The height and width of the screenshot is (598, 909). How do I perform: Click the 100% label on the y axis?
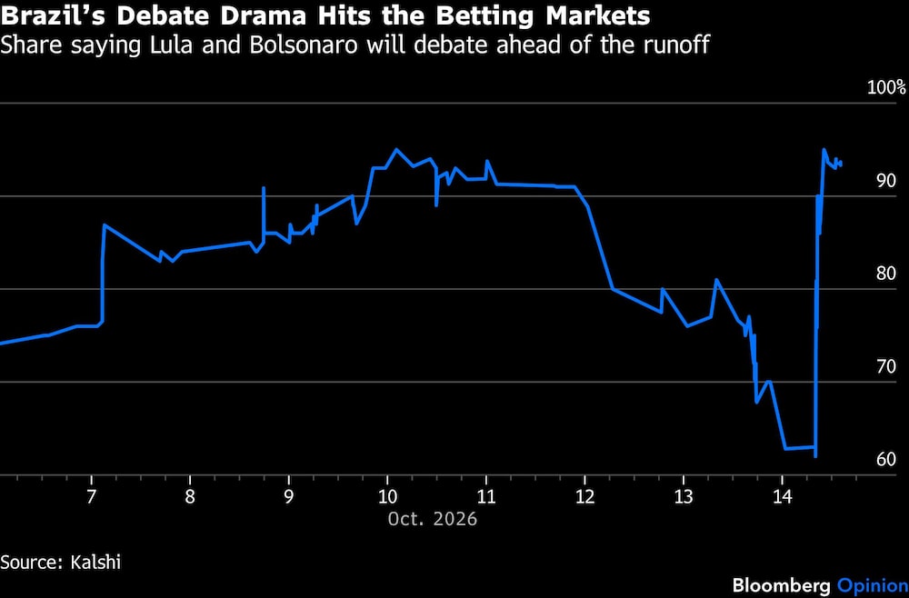(x=885, y=88)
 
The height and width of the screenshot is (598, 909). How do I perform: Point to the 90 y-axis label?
(x=886, y=182)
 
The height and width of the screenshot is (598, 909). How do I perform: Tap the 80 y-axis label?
(x=886, y=274)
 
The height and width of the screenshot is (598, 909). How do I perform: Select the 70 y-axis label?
(x=886, y=367)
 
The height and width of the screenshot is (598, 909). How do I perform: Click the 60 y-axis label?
(x=886, y=460)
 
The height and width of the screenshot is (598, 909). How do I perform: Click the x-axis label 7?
(x=91, y=497)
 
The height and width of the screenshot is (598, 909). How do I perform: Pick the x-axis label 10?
(x=387, y=497)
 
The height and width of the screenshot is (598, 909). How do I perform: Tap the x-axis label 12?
(x=584, y=497)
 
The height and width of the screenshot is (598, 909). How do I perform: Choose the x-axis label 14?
(x=782, y=497)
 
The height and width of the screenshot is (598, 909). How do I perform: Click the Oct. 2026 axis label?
(x=433, y=519)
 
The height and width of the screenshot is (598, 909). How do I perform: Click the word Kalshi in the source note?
(x=96, y=562)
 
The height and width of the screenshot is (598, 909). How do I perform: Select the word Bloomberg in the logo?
(x=782, y=585)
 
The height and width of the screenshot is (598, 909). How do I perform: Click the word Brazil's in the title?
(x=54, y=16)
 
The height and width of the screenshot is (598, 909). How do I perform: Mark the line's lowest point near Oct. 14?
(x=815, y=456)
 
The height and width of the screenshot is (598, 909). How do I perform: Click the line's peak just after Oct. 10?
(x=396, y=149)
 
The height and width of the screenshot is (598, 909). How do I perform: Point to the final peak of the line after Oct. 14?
(x=824, y=149)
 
